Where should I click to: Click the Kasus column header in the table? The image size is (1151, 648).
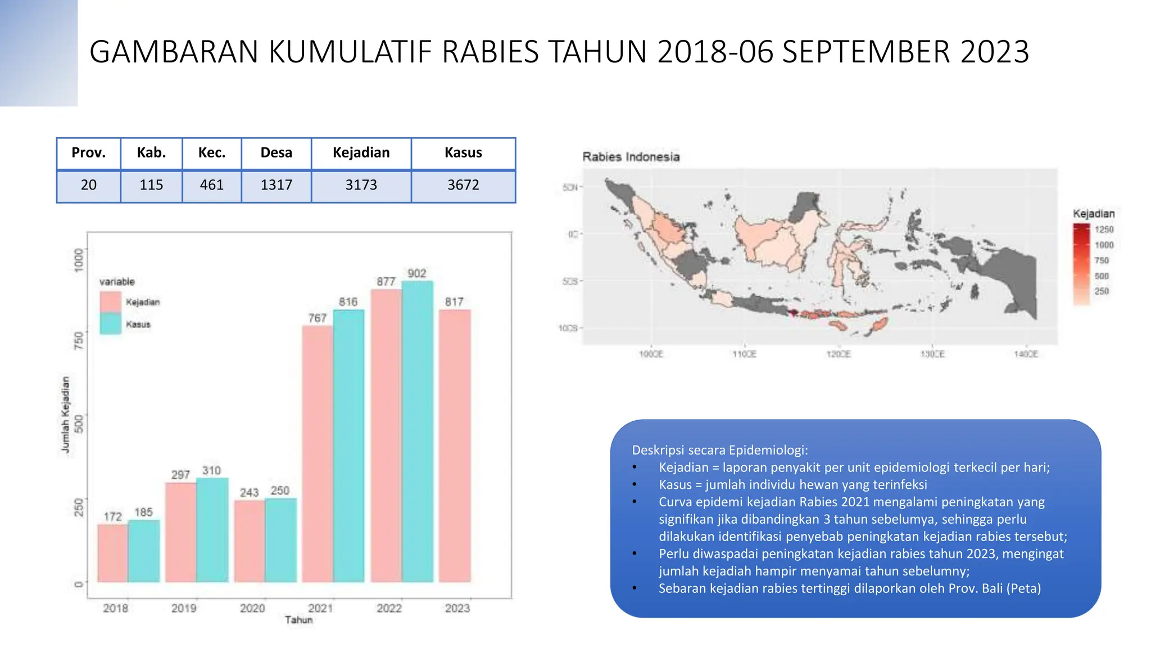(463, 153)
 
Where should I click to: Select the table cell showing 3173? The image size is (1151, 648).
(361, 185)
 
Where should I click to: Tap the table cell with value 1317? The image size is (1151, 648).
(276, 185)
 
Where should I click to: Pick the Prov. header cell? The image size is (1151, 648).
(88, 153)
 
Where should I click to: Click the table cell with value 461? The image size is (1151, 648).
(211, 185)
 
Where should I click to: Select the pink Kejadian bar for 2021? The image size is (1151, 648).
(318, 453)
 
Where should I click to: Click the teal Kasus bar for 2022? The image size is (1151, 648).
(417, 430)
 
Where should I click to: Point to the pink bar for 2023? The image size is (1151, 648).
(455, 444)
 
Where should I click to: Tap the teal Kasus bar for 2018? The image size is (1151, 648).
(144, 550)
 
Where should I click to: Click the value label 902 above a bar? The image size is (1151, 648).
(416, 273)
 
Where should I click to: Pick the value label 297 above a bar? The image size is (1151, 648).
(180, 475)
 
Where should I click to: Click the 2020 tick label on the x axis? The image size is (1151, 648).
(252, 608)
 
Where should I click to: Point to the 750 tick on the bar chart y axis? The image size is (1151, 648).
(79, 340)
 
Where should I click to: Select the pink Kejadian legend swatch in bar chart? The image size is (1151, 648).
(110, 301)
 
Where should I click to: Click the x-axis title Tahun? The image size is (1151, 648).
(298, 620)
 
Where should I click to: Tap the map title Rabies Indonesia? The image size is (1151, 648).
(631, 157)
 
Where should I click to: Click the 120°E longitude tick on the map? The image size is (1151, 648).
(838, 354)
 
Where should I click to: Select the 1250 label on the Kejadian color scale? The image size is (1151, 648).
(1104, 229)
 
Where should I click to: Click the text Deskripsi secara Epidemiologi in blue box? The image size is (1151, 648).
(719, 450)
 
